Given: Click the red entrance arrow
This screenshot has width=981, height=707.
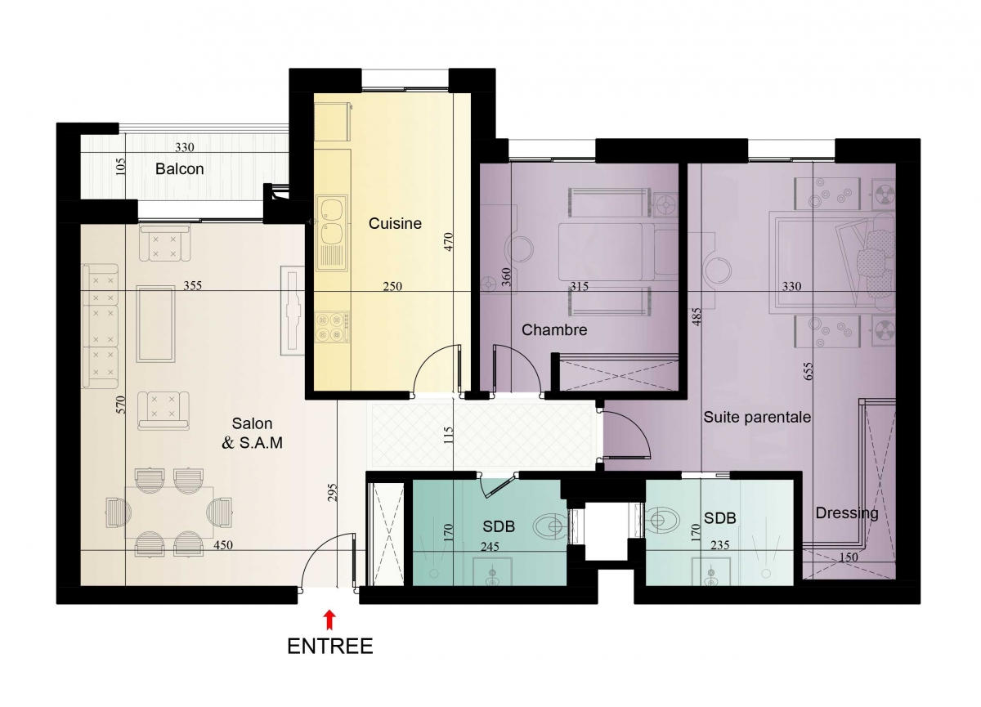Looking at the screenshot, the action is (x=329, y=620).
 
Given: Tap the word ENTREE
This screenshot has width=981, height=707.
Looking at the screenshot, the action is (x=329, y=647).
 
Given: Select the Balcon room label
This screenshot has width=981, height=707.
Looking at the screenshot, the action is (x=180, y=169).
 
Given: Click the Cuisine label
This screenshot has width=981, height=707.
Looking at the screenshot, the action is (x=395, y=223).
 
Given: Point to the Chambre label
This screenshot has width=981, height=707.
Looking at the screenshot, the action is (x=554, y=329).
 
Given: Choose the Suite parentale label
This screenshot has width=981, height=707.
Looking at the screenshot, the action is (x=757, y=417).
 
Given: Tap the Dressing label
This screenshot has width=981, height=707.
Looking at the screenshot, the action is (x=847, y=513).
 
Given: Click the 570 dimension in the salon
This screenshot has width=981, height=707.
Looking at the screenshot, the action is (x=121, y=405).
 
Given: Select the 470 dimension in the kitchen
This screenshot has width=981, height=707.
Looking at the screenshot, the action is (x=449, y=242).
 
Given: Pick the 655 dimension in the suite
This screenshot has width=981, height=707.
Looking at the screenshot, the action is (x=809, y=371).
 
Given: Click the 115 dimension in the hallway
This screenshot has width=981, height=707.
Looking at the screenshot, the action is (x=448, y=436).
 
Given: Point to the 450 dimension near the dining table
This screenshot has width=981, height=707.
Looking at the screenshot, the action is (x=223, y=545).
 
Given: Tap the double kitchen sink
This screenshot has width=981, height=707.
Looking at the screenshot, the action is (x=332, y=233).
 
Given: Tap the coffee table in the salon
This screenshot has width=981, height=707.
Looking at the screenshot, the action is (x=155, y=324).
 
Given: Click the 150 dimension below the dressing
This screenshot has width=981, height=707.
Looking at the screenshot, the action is (x=849, y=557).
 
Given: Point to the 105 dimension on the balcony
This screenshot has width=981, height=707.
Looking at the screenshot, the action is (x=121, y=167).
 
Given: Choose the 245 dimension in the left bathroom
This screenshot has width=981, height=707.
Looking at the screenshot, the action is (x=490, y=546).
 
